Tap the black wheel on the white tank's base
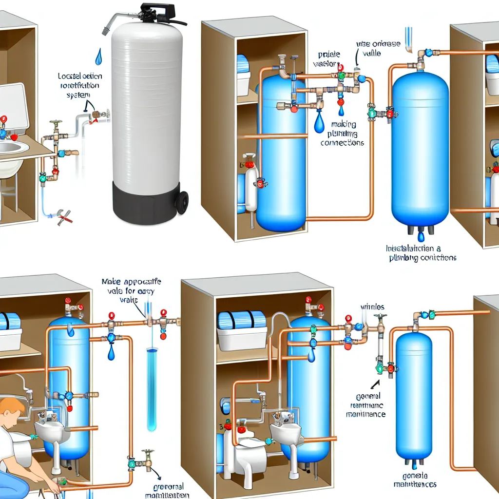(182, 202)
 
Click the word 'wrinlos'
(372, 307)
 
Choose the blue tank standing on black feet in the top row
(420, 146)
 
